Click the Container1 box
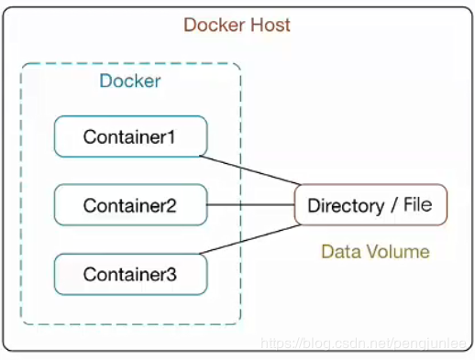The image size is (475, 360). pos(130,136)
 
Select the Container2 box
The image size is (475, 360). pos(130,205)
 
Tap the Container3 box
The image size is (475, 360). pos(130,274)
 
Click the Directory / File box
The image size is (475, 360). pos(370,204)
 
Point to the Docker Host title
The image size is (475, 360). pos(237,24)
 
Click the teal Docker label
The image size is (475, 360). pos(130,81)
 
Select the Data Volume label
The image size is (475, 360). pos(375,251)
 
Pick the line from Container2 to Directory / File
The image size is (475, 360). pos(250,205)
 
